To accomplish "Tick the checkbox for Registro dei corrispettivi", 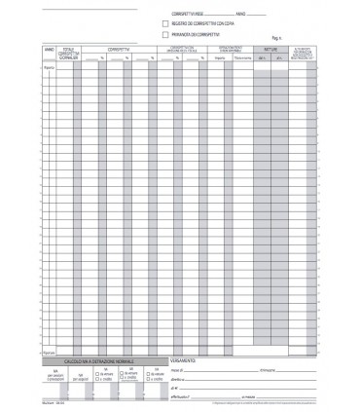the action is [x=164, y=22].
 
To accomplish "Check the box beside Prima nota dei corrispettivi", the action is [x=164, y=34].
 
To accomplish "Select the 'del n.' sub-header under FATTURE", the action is [x=262, y=57].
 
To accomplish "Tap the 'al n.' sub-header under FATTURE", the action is [x=279, y=57].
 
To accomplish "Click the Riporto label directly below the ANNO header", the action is [x=49, y=66].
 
